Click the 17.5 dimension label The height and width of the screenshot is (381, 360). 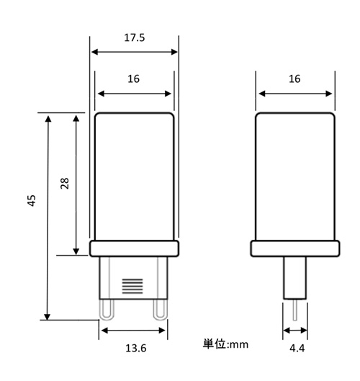[x=135, y=37]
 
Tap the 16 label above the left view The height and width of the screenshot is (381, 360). [x=134, y=79]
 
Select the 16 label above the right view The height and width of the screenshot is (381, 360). [x=294, y=79]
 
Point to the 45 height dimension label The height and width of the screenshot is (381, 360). [x=32, y=201]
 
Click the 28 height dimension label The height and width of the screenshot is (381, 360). [x=65, y=184]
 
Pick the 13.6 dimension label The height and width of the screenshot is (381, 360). [x=136, y=348]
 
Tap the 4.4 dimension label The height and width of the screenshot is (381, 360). [x=297, y=348]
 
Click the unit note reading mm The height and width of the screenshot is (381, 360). [x=239, y=345]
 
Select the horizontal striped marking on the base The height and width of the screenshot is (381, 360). [x=132, y=286]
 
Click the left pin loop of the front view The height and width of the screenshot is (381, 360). [x=107, y=310]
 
